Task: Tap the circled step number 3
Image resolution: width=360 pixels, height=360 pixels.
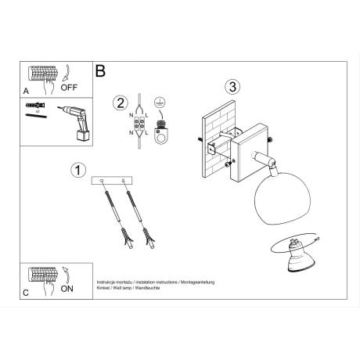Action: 231,86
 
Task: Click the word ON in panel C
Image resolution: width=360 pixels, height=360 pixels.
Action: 68,289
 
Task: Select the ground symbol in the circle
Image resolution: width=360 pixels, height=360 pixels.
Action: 160,102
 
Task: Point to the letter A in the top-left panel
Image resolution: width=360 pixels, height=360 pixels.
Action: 27,91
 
